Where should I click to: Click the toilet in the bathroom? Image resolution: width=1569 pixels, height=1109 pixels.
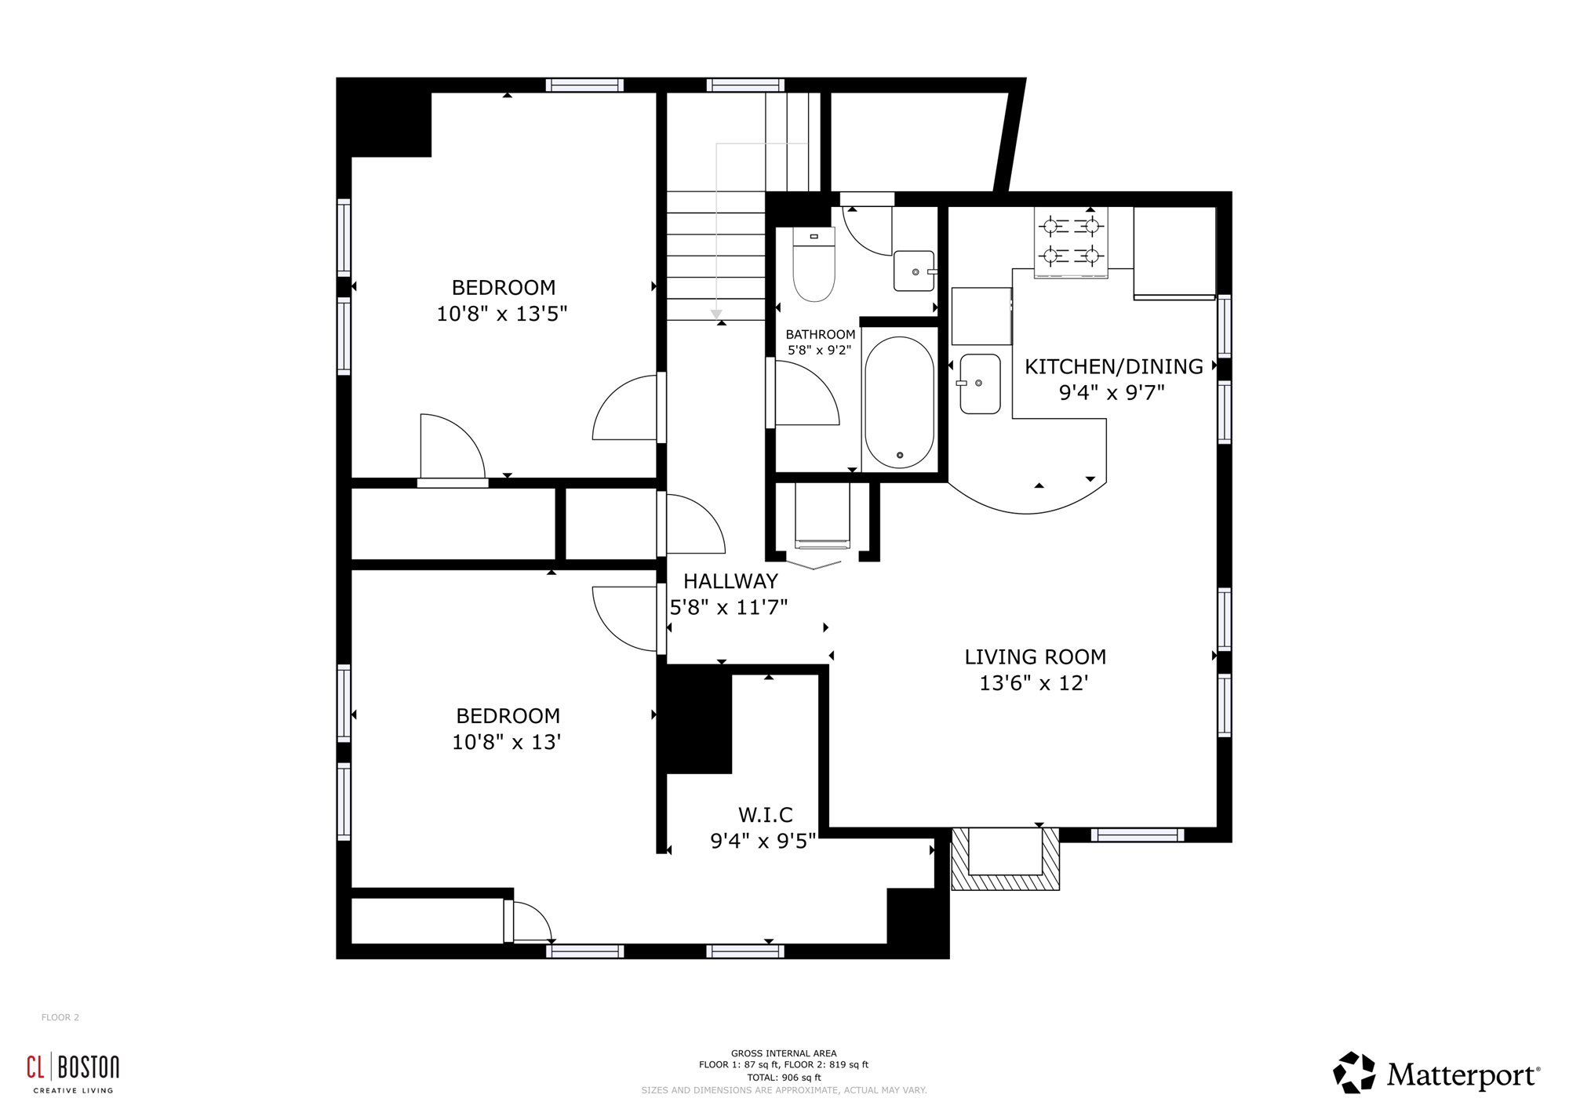coord(814,264)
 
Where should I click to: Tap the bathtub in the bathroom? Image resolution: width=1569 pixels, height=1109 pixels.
coord(899,402)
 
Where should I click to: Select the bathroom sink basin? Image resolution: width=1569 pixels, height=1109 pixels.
coord(915,271)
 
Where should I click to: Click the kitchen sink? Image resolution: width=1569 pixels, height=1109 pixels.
coord(980,384)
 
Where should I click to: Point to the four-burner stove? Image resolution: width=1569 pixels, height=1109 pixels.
coord(1071,242)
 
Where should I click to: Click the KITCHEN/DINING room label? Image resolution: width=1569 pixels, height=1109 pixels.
coord(1113,367)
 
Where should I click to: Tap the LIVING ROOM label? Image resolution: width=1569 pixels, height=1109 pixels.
coord(1035,657)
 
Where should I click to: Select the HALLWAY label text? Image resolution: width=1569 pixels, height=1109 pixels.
coord(730,581)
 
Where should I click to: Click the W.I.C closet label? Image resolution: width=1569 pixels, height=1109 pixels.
coord(765,815)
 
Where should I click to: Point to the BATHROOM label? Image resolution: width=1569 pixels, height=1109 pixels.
coord(821,335)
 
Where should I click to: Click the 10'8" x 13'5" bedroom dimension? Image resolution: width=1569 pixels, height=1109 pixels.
coord(502,314)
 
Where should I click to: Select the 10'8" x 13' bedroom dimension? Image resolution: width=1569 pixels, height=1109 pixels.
coord(507,742)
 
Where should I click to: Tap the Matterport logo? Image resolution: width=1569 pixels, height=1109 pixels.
coord(1436,1073)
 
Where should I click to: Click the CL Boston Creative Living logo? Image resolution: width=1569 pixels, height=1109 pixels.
coord(73,1072)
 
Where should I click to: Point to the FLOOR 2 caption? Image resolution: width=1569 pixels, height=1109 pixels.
coord(60,1017)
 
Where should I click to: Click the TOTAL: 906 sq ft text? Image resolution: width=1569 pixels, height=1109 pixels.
coord(784,1078)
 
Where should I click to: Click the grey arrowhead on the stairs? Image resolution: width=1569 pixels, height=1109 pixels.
coord(716,314)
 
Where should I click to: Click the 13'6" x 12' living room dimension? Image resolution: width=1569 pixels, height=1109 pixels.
coord(1033,683)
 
